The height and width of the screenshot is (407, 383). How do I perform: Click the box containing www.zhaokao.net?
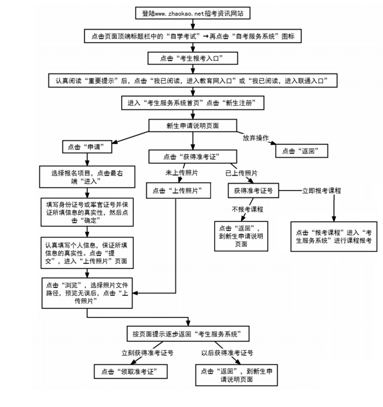(x=192, y=13)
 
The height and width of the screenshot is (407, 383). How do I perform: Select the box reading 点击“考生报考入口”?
(x=192, y=58)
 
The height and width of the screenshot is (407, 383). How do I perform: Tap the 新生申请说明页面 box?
(x=192, y=126)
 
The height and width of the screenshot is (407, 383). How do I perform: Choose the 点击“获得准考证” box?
(x=192, y=156)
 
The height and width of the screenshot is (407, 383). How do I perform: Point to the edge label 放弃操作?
(x=255, y=137)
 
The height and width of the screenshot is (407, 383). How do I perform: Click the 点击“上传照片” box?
(x=178, y=191)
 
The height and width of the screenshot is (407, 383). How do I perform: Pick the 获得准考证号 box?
(x=253, y=191)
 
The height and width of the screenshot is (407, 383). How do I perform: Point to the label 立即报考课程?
(x=321, y=191)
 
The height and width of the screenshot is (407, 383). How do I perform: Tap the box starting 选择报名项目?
(x=87, y=177)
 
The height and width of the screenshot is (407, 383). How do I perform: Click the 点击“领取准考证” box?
(x=130, y=371)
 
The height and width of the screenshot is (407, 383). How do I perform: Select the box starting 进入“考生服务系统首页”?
(x=192, y=103)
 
